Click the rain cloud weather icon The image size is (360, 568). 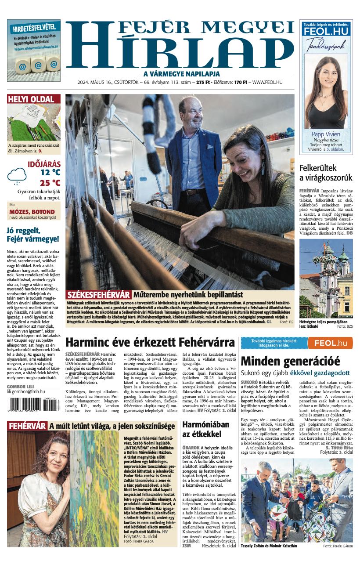pos(17,176)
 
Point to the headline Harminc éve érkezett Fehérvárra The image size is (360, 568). pos(150,342)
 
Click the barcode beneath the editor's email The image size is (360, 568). pos(33,404)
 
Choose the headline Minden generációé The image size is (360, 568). pos(290,361)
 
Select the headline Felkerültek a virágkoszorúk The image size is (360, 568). pos(325,173)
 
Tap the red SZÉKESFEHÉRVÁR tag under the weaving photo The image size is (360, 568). pos(99,295)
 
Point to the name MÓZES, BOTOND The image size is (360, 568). pos(32,212)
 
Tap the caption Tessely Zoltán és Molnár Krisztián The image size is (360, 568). pos(269,546)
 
